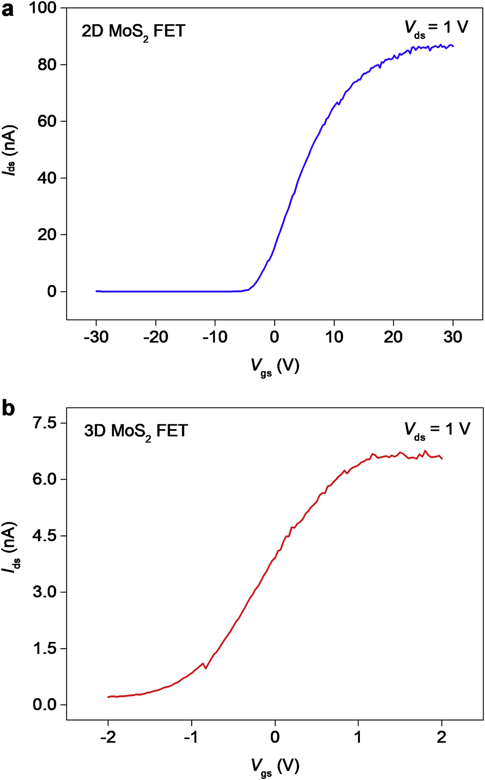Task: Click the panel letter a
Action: click(x=8, y=10)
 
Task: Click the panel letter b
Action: click(x=8, y=409)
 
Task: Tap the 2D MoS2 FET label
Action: click(x=133, y=31)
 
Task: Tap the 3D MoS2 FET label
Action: click(x=136, y=431)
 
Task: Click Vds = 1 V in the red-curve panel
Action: click(x=437, y=430)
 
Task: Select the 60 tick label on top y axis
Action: click(x=48, y=121)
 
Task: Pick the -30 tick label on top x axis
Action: click(x=96, y=337)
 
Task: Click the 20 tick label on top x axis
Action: click(x=393, y=337)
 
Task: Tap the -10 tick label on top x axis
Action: click(x=215, y=337)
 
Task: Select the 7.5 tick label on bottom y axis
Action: click(x=45, y=423)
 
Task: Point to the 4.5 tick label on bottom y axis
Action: click(x=45, y=536)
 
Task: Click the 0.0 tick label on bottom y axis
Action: click(x=45, y=705)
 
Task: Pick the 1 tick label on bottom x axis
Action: click(x=358, y=737)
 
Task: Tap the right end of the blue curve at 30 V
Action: click(x=453, y=46)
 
